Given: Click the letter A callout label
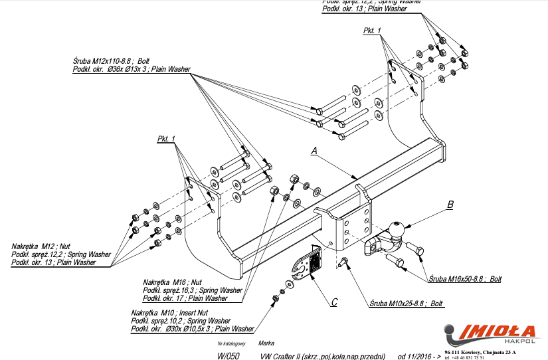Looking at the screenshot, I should [x=314, y=151].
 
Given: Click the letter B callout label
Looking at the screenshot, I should [x=450, y=205].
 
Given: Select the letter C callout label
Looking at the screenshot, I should [x=334, y=302].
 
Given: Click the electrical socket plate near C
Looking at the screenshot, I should [x=306, y=266].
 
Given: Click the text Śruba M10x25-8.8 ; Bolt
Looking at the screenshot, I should [x=406, y=304].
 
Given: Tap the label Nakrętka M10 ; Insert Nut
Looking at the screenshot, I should [x=169, y=312].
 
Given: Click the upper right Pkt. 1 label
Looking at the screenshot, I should [x=372, y=31].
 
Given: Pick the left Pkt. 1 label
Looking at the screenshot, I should [x=166, y=139].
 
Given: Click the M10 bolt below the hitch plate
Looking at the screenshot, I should [x=341, y=264].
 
